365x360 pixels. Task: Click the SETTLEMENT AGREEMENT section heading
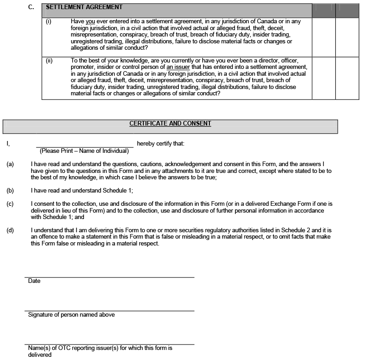pos(84,7)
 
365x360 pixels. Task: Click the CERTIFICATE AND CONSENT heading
pos(170,124)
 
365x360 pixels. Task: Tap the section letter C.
pos(31,7)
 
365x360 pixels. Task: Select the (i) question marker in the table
pos(49,21)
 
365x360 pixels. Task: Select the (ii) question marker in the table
pos(50,61)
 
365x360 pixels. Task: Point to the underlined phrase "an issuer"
pos(178,67)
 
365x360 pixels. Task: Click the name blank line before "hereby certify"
pos(85,144)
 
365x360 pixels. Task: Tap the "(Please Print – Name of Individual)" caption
pos(84,151)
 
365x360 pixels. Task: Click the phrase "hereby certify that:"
pos(161,144)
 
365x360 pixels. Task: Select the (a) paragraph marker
pos(10,164)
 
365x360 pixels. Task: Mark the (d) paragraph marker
pos(10,230)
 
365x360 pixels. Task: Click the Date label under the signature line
pos(34,281)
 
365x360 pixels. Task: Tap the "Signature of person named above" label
pos(71,315)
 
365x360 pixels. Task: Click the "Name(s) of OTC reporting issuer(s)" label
pos(73,348)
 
